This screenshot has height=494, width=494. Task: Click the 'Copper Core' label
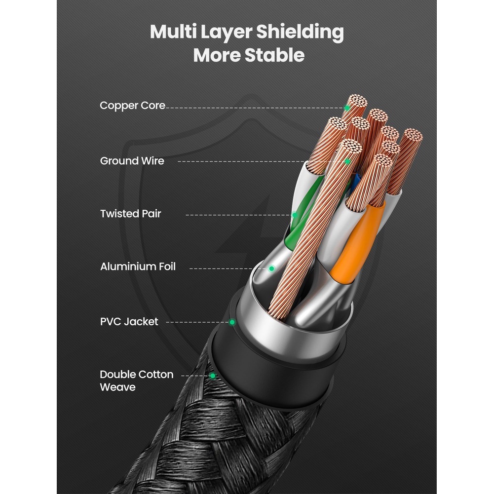(132, 106)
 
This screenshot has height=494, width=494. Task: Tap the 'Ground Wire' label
(132, 161)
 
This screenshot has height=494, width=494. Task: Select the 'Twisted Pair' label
(130, 214)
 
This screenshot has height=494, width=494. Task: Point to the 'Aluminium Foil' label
(138, 267)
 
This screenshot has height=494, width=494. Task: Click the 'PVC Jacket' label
(129, 322)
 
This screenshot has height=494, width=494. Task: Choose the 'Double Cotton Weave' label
(136, 381)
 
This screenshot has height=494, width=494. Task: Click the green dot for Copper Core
(347, 107)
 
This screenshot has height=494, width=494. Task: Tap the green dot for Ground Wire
(347, 161)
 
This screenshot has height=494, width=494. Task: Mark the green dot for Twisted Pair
(294, 215)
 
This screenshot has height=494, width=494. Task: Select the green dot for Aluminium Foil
(271, 268)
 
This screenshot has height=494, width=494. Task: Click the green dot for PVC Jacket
(232, 322)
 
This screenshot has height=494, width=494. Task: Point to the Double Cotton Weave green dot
(213, 376)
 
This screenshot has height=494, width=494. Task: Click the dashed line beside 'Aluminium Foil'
(227, 268)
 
